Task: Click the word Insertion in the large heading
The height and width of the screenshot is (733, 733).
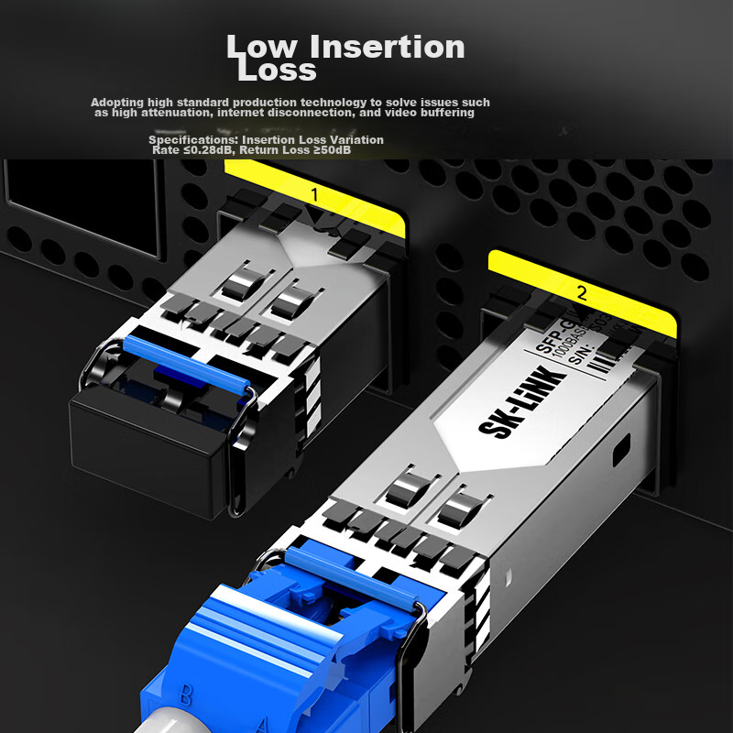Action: (388, 47)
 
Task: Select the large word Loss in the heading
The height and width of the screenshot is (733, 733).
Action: (277, 70)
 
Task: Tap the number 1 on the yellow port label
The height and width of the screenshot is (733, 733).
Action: (314, 194)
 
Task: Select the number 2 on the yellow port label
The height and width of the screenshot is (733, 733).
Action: (581, 294)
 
